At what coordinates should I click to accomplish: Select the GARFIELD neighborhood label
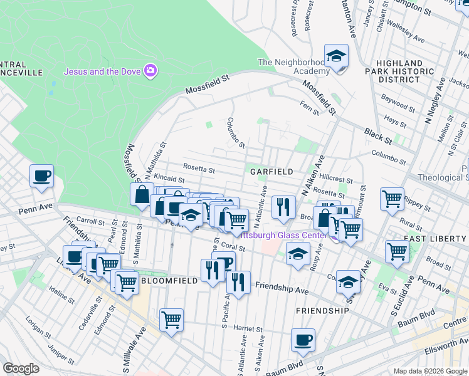(271, 171)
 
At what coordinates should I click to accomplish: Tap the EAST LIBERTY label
(435, 239)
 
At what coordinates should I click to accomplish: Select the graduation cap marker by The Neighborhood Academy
(336, 56)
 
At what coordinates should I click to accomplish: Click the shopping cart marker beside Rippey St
(392, 199)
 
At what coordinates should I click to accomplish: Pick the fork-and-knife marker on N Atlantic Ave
(283, 206)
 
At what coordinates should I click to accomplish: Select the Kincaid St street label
(167, 179)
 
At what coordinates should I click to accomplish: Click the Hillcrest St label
(342, 179)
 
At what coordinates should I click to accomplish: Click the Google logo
(21, 368)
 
